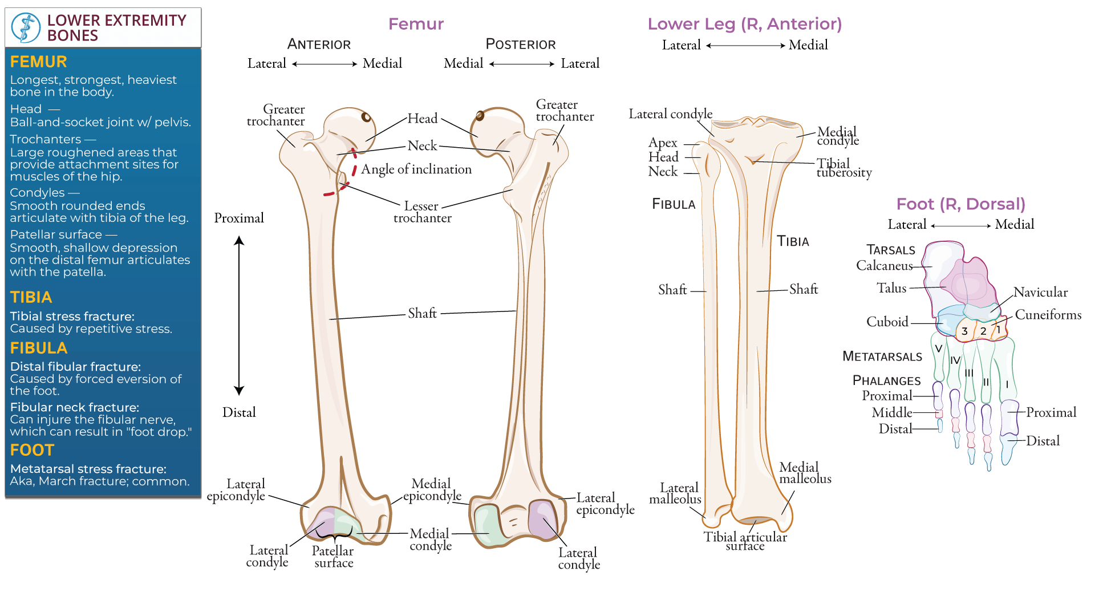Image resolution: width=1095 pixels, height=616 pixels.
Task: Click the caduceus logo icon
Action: click(x=26, y=27)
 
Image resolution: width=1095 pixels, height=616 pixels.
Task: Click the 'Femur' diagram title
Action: click(x=416, y=24)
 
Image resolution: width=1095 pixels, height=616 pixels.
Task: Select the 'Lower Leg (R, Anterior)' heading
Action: click(x=744, y=24)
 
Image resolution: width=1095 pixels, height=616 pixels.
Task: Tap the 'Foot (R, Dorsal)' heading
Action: click(x=960, y=204)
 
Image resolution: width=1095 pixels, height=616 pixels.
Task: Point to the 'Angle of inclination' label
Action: click(x=416, y=169)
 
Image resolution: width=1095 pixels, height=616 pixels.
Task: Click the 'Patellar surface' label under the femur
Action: click(x=333, y=557)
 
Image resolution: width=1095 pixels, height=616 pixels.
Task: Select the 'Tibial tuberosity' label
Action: click(x=843, y=168)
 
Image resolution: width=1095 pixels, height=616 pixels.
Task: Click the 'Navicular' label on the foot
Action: click(x=1040, y=293)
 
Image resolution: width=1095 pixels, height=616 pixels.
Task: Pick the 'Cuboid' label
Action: click(x=887, y=322)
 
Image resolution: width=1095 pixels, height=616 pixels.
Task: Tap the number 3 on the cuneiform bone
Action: click(x=964, y=331)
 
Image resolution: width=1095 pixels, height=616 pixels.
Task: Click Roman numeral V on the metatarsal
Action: click(x=938, y=348)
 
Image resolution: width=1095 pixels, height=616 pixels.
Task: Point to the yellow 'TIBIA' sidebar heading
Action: click(x=31, y=298)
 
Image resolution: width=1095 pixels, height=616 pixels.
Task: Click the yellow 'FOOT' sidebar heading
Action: click(x=32, y=451)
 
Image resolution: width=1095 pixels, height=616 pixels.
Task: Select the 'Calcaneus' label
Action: click(x=884, y=266)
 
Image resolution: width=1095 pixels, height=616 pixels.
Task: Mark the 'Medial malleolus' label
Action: click(x=805, y=473)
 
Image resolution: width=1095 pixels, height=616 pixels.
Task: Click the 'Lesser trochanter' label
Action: click(x=422, y=212)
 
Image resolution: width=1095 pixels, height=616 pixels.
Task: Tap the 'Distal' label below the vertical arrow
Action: click(x=239, y=412)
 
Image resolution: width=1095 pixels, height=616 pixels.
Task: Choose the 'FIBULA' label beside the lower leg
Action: click(x=674, y=204)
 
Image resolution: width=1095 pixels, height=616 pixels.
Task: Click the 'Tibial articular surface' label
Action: click(x=745, y=541)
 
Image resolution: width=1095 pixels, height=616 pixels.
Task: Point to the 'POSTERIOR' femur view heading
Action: click(x=520, y=44)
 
